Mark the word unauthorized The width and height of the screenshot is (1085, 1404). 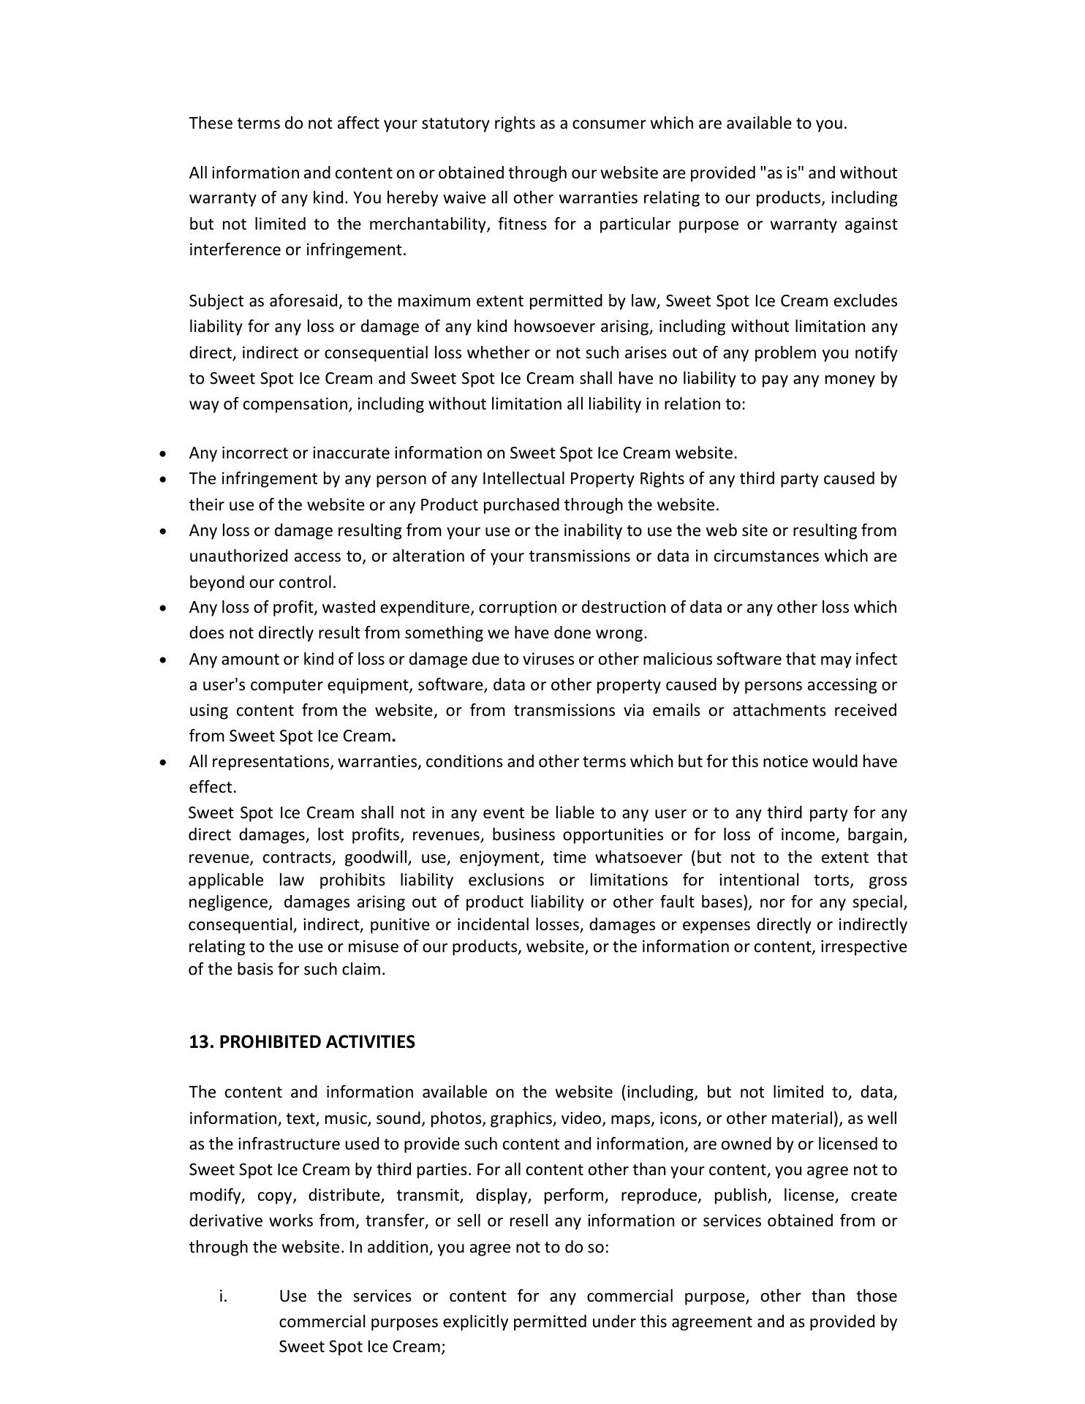coord(238,556)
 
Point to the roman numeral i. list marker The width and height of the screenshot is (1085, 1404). coord(223,1297)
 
